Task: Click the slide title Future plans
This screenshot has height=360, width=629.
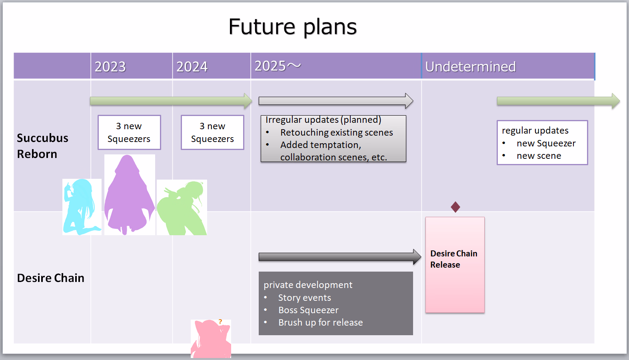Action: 293,27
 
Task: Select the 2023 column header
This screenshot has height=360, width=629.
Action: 110,66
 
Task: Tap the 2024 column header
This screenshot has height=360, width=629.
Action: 192,66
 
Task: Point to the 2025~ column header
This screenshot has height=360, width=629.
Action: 278,66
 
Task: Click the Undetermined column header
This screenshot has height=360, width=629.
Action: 470,66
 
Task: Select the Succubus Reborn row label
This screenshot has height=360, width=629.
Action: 43,146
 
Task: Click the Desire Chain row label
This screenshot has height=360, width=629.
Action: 50,278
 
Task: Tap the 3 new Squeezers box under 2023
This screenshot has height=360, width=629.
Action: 129,132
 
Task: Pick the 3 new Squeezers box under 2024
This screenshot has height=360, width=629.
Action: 213,132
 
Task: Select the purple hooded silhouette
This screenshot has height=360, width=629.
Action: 129,195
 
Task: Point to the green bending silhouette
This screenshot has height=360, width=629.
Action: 182,208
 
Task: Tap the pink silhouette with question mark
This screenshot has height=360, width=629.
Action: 211,339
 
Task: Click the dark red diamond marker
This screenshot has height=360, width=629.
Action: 455,207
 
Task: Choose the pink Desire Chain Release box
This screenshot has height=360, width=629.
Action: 455,265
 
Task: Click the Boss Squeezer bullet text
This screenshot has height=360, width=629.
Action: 308,310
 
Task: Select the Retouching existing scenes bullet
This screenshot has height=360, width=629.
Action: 336,132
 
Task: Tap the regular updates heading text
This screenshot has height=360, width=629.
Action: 535,130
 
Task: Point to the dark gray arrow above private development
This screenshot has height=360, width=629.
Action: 340,257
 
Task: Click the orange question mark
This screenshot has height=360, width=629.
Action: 220,322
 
